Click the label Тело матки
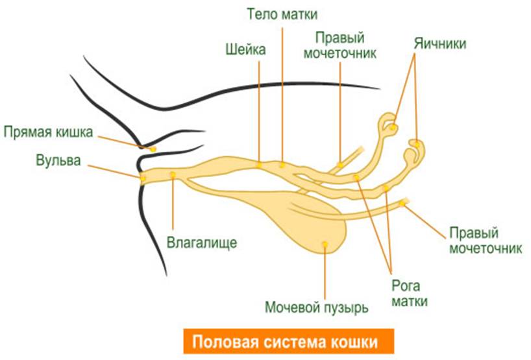282,14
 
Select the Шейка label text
245,50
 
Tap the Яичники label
439,43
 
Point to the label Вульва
58,161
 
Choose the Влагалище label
202,243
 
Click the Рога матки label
410,293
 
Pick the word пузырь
346,308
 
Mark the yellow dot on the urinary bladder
325,244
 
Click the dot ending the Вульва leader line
143,178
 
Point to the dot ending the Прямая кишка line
153,149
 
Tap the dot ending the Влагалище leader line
173,174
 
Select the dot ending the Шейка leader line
260,165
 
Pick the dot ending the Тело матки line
282,165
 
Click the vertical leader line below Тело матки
282,95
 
